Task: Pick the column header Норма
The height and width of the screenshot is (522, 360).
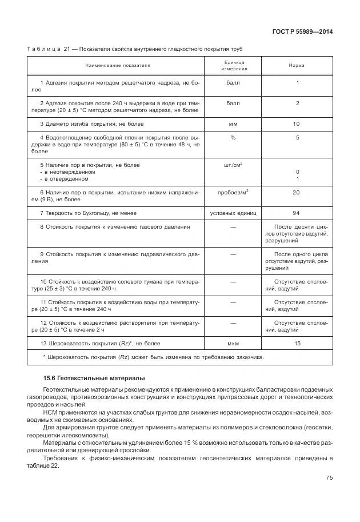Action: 297,65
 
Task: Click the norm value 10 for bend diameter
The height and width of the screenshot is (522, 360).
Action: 297,124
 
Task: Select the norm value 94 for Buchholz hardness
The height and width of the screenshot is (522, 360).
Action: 297,213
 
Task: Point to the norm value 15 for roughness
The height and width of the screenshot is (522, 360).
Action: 297,343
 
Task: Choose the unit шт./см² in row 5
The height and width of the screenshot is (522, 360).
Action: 233,165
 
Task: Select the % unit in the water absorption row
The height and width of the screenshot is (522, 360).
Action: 233,138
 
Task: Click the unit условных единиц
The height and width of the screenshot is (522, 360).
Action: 233,213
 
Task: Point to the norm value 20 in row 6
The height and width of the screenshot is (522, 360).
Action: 297,193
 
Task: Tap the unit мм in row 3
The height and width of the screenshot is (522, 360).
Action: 233,124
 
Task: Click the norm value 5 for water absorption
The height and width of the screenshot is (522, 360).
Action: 297,138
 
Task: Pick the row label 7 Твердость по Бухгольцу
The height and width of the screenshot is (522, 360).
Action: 89,213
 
